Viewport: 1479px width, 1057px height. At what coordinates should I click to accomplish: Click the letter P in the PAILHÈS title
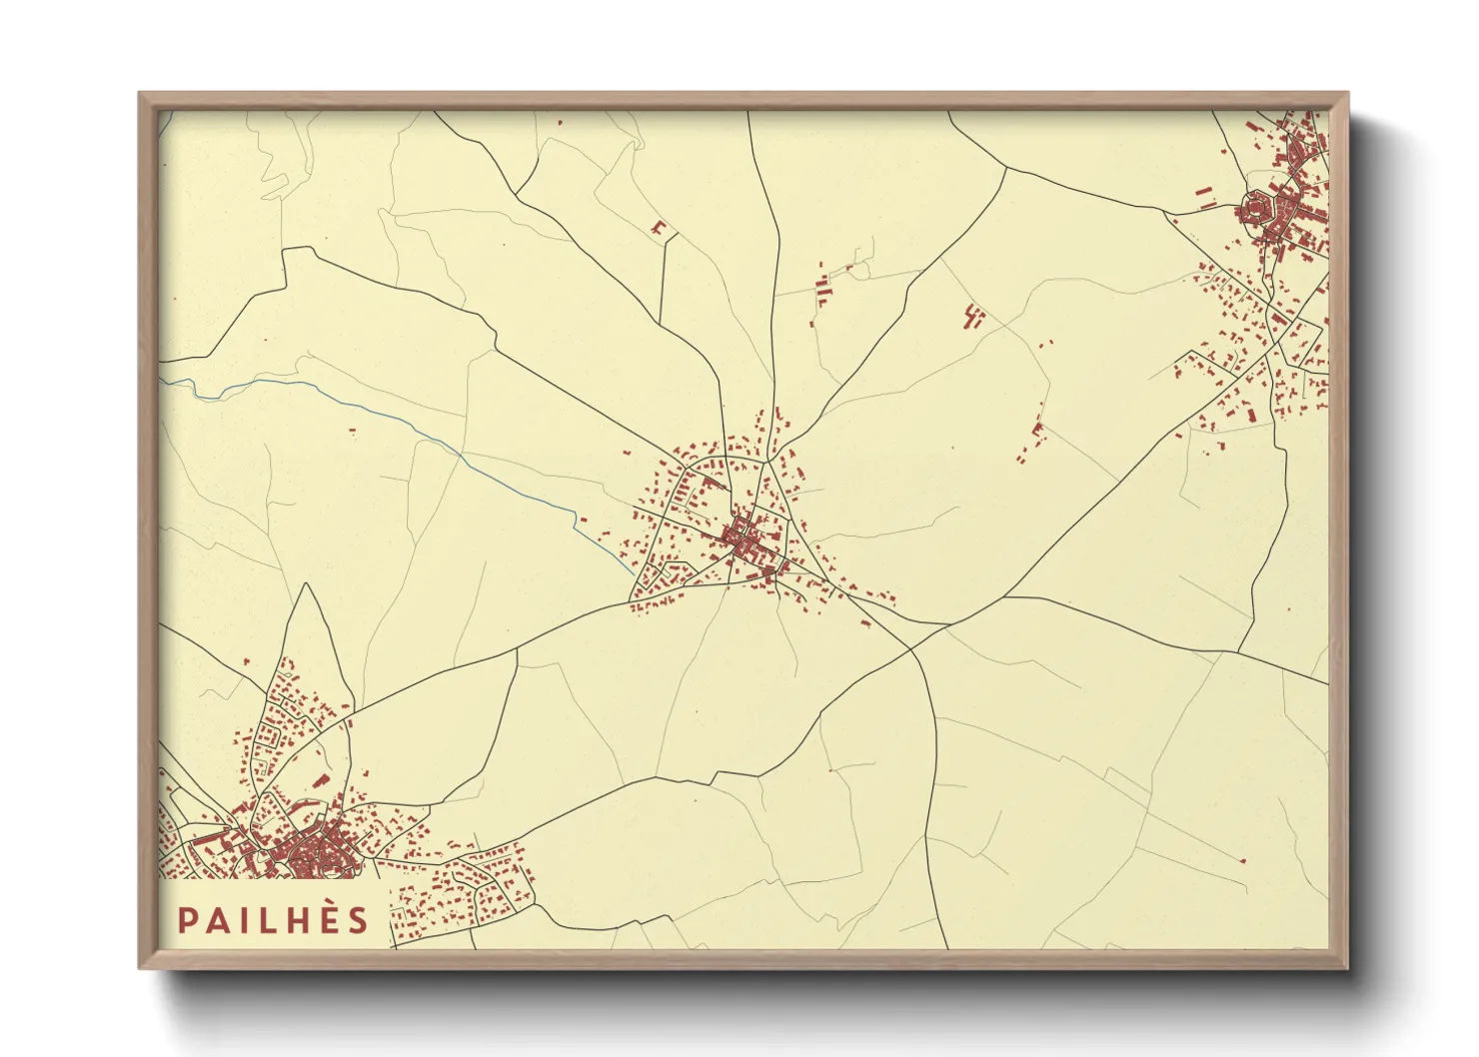tap(186, 920)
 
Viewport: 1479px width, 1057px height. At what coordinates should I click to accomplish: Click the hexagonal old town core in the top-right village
tap(1254, 210)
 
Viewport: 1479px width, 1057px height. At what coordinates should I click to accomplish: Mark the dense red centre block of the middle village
tap(741, 540)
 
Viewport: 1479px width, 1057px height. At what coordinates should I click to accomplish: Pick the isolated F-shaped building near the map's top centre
tap(659, 230)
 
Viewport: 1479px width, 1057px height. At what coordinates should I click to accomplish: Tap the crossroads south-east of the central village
tap(910, 648)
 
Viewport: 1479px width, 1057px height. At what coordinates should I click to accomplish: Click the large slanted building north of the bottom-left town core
tap(321, 779)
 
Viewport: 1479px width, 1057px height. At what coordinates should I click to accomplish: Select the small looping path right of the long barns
tap(857, 264)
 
